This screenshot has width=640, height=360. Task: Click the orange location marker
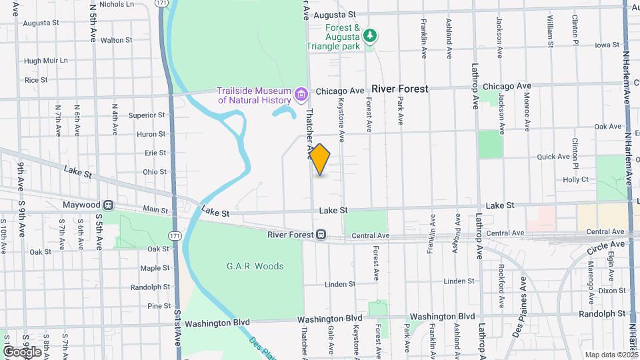pos(320,159)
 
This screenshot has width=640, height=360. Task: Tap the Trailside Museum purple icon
pos(301,95)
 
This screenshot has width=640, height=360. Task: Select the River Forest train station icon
pos(321,235)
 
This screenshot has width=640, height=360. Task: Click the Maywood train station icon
pos(108,205)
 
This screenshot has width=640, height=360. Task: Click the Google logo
pos(21,351)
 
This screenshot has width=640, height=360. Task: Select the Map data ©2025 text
pos(610,355)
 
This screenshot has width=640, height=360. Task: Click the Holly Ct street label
pos(576,179)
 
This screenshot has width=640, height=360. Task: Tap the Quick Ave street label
pos(554,157)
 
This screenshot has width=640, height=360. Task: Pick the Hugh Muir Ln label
pos(46,61)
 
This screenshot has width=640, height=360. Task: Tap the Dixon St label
pos(611,291)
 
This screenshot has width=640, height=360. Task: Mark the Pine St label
pos(159,306)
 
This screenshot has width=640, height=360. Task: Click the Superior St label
pos(147,115)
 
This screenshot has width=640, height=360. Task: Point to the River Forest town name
pos(400,89)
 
